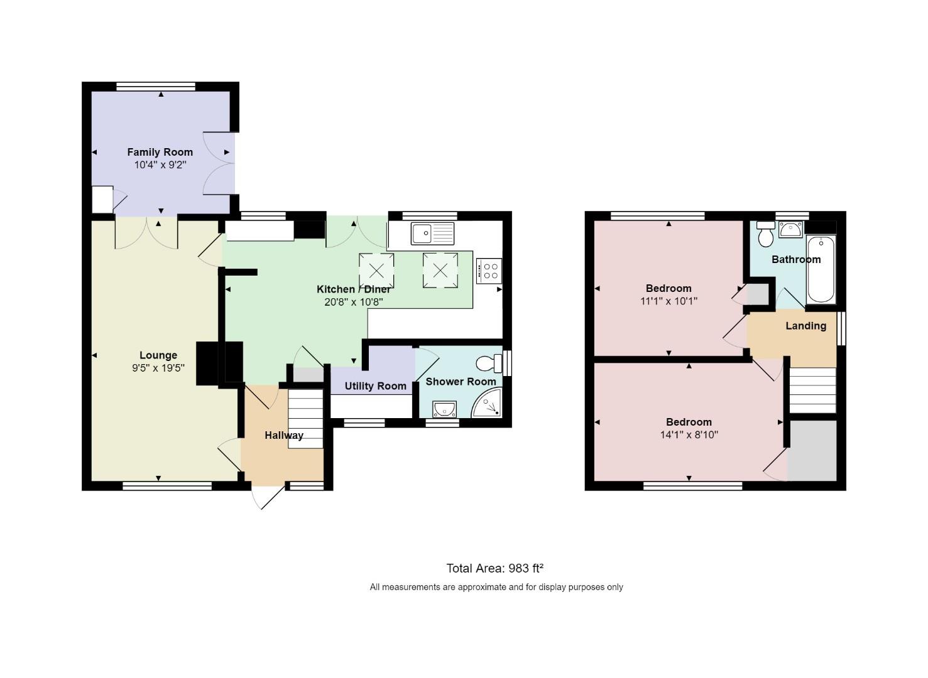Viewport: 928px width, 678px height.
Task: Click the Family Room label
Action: [160, 153]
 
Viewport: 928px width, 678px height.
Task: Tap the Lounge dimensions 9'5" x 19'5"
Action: [158, 368]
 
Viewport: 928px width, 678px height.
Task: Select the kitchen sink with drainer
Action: [432, 234]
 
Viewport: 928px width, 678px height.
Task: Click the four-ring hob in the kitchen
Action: [489, 271]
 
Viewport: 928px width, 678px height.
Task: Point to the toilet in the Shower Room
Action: [489, 363]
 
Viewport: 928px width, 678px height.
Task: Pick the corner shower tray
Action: [486, 402]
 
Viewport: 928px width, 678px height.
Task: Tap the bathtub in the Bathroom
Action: [821, 269]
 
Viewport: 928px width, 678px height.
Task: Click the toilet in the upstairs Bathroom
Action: [766, 234]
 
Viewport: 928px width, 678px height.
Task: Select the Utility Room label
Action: [375, 386]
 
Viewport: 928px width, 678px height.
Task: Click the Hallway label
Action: [284, 436]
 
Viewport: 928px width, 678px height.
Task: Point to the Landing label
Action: [805, 326]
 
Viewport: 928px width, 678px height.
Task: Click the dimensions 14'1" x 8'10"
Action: [689, 434]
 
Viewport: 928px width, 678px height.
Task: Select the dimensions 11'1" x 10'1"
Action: [669, 301]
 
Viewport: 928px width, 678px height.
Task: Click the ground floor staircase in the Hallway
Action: [305, 418]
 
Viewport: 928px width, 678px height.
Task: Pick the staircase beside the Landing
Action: [813, 390]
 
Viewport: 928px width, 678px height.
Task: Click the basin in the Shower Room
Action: [444, 409]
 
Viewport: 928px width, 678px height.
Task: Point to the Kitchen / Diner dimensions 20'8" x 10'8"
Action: [353, 302]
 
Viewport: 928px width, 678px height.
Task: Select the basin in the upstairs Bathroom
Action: [791, 229]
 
